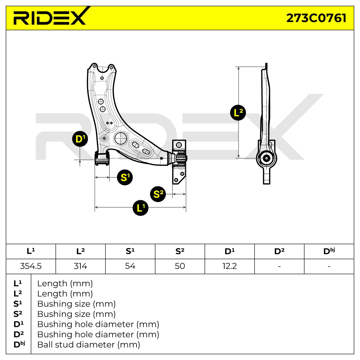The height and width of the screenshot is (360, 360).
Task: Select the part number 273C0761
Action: [316, 18]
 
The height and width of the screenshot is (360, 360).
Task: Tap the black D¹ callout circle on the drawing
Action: [80, 139]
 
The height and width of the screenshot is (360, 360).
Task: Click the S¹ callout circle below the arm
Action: [125, 177]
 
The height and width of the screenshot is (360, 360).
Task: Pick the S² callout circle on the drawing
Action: [158, 194]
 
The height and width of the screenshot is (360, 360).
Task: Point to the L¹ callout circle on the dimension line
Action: [140, 208]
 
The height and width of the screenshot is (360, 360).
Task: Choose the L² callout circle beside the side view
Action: [238, 113]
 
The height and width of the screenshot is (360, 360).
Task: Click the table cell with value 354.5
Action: [31, 266]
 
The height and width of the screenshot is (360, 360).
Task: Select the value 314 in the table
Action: [80, 266]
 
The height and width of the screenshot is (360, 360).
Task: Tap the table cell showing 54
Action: [130, 266]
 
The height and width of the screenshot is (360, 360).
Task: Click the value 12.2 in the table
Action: [229, 266]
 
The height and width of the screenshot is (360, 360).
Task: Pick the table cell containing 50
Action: [180, 266]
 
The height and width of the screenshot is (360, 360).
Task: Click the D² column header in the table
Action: [279, 251]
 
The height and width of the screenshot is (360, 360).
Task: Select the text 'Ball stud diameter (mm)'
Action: [88, 345]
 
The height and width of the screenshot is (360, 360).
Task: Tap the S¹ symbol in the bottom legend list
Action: [18, 304]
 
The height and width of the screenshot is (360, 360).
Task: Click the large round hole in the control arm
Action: [121, 138]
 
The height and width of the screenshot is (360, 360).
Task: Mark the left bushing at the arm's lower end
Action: [102, 158]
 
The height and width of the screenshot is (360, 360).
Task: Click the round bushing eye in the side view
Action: [266, 158]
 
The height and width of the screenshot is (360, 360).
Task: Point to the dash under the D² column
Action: [279, 266]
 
